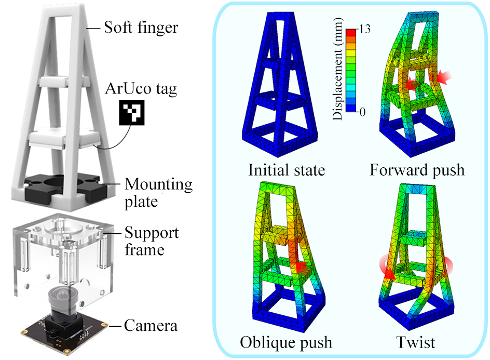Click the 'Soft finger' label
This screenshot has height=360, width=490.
tap(140, 26)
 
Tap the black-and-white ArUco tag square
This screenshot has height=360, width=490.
tap(132, 113)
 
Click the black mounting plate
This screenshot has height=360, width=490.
tap(62, 185)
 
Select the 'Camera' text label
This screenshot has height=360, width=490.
tap(151, 326)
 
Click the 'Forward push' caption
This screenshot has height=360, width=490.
tap(417, 170)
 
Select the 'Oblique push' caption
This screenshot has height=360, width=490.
tap(286, 342)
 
